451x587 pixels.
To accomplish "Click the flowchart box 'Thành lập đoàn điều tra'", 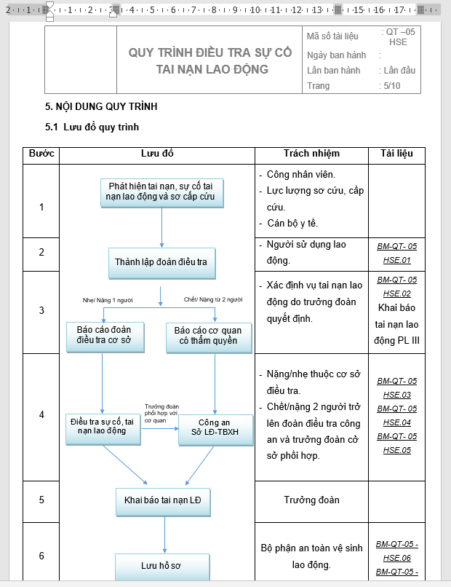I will tap(162, 261).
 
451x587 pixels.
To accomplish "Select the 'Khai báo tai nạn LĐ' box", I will tap(163, 501).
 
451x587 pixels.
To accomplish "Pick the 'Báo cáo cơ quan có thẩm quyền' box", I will tap(207, 336).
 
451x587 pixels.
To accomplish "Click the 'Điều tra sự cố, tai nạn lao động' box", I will tap(102, 427).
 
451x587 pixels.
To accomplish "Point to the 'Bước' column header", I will tap(41, 154).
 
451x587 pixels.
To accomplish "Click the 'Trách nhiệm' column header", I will tap(311, 154).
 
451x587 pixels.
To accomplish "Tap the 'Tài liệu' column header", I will tap(396, 154).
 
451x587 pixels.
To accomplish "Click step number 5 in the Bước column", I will tap(41, 500).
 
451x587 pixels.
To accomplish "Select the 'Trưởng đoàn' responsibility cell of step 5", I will tap(311, 500).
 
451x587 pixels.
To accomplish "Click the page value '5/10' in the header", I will tap(391, 86).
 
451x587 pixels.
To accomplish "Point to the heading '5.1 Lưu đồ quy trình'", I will tap(92, 127).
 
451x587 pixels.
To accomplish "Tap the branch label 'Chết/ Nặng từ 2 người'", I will tap(213, 299).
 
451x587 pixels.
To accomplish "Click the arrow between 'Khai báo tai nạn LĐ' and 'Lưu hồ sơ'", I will tap(164, 535).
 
